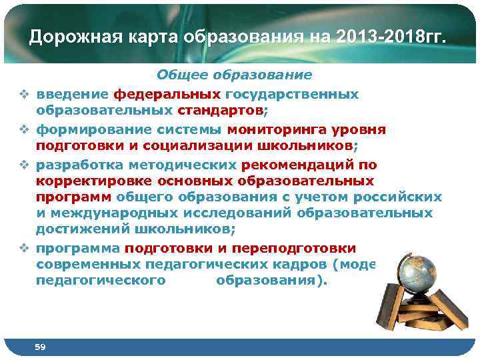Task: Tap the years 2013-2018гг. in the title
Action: point(393,37)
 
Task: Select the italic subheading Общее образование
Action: point(234,75)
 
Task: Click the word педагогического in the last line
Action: point(100,281)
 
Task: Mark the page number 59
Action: point(40,347)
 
